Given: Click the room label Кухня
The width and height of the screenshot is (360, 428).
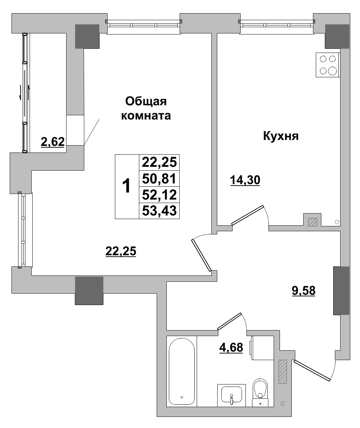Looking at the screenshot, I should coord(281,136).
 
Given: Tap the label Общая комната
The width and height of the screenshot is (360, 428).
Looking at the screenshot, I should coord(146,108).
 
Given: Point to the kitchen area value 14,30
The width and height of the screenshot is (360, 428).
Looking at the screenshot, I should coord(245,180).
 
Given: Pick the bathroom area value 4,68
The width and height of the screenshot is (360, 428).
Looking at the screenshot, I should coord(231,347).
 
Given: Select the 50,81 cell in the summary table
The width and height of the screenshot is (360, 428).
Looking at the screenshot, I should coord(159,179).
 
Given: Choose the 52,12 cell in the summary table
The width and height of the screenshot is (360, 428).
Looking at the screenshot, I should coord(159,195).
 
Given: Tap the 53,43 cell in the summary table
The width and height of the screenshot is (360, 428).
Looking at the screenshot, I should coord(159,211).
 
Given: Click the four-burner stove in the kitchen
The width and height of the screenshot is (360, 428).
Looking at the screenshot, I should coord(327,65).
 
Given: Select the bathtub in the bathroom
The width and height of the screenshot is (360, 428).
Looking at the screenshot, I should coord(181,371).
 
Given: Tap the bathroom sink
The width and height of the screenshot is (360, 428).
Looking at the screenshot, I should coord(231,395).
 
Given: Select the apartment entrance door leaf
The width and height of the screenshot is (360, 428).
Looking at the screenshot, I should coord(312,371).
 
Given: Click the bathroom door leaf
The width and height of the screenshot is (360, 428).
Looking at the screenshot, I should coord(229,321).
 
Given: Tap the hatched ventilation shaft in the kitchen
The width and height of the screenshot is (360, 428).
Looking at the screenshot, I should coord(312,222).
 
